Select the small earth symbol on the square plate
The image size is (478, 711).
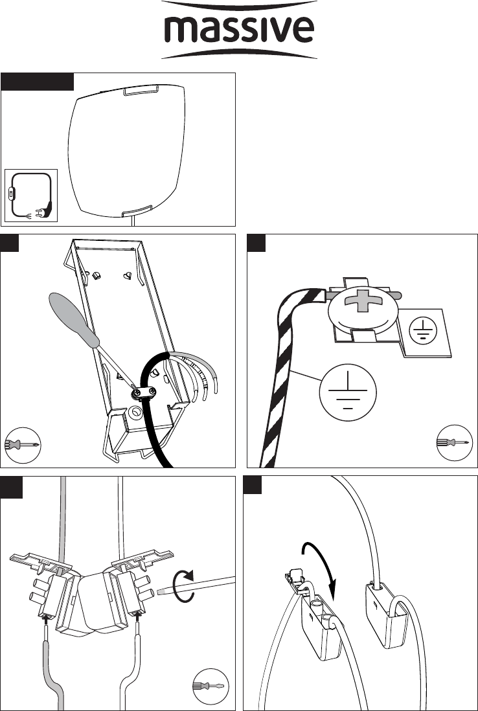click(422, 328)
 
